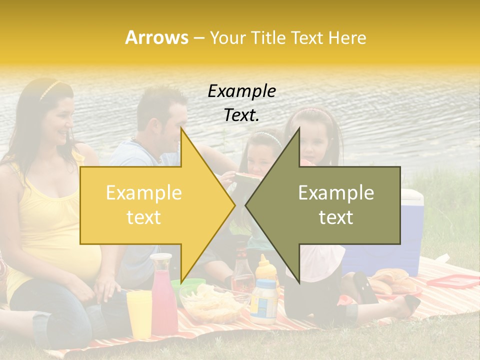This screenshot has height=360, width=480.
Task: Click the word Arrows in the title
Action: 156,37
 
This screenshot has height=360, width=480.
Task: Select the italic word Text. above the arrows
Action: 241,115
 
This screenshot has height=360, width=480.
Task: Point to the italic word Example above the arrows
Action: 241,91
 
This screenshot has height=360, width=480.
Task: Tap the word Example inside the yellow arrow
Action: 144,193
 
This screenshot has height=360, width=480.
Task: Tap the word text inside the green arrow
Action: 336,217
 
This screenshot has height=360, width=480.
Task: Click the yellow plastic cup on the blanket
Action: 139,312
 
